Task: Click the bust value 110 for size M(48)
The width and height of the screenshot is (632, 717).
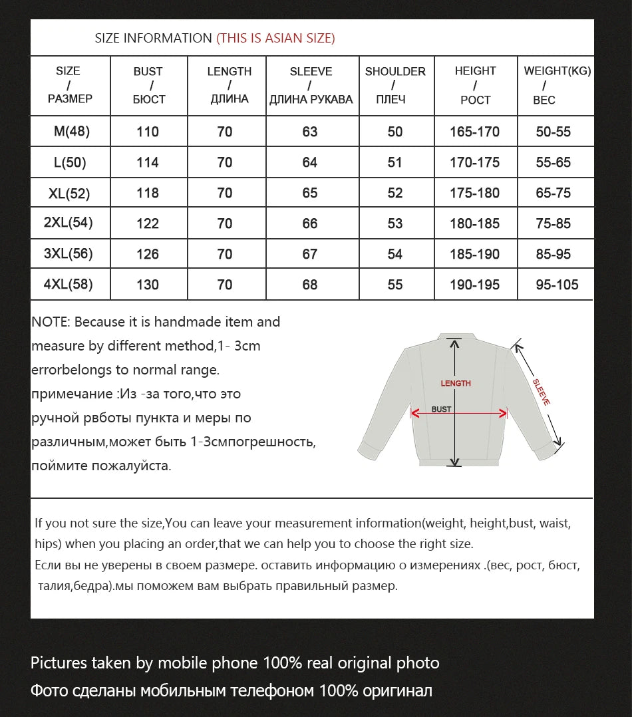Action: [148, 132]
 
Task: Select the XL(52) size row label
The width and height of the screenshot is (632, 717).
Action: [69, 194]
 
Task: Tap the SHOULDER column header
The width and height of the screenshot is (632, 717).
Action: [395, 85]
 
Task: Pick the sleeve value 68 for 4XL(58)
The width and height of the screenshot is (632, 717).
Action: [310, 285]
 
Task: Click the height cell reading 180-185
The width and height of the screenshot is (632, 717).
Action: [474, 223]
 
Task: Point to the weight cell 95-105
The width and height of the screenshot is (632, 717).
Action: [557, 285]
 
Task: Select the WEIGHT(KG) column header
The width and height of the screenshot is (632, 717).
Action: [557, 85]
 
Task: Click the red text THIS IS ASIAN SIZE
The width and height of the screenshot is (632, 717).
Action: [275, 38]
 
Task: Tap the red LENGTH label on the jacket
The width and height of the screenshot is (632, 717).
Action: [456, 383]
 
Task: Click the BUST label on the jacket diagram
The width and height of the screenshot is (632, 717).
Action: [441, 409]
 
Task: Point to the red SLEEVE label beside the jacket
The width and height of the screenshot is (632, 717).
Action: [542, 392]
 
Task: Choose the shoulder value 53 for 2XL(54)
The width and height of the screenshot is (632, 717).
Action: [395, 223]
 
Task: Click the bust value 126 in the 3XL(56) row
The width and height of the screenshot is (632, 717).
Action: [148, 254]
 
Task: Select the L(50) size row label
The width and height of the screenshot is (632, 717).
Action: [70, 162]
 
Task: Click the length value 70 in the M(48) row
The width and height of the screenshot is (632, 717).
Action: [225, 132]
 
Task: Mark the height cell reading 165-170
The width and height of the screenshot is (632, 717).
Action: [474, 132]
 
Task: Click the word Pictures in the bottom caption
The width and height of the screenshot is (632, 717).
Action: [59, 662]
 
